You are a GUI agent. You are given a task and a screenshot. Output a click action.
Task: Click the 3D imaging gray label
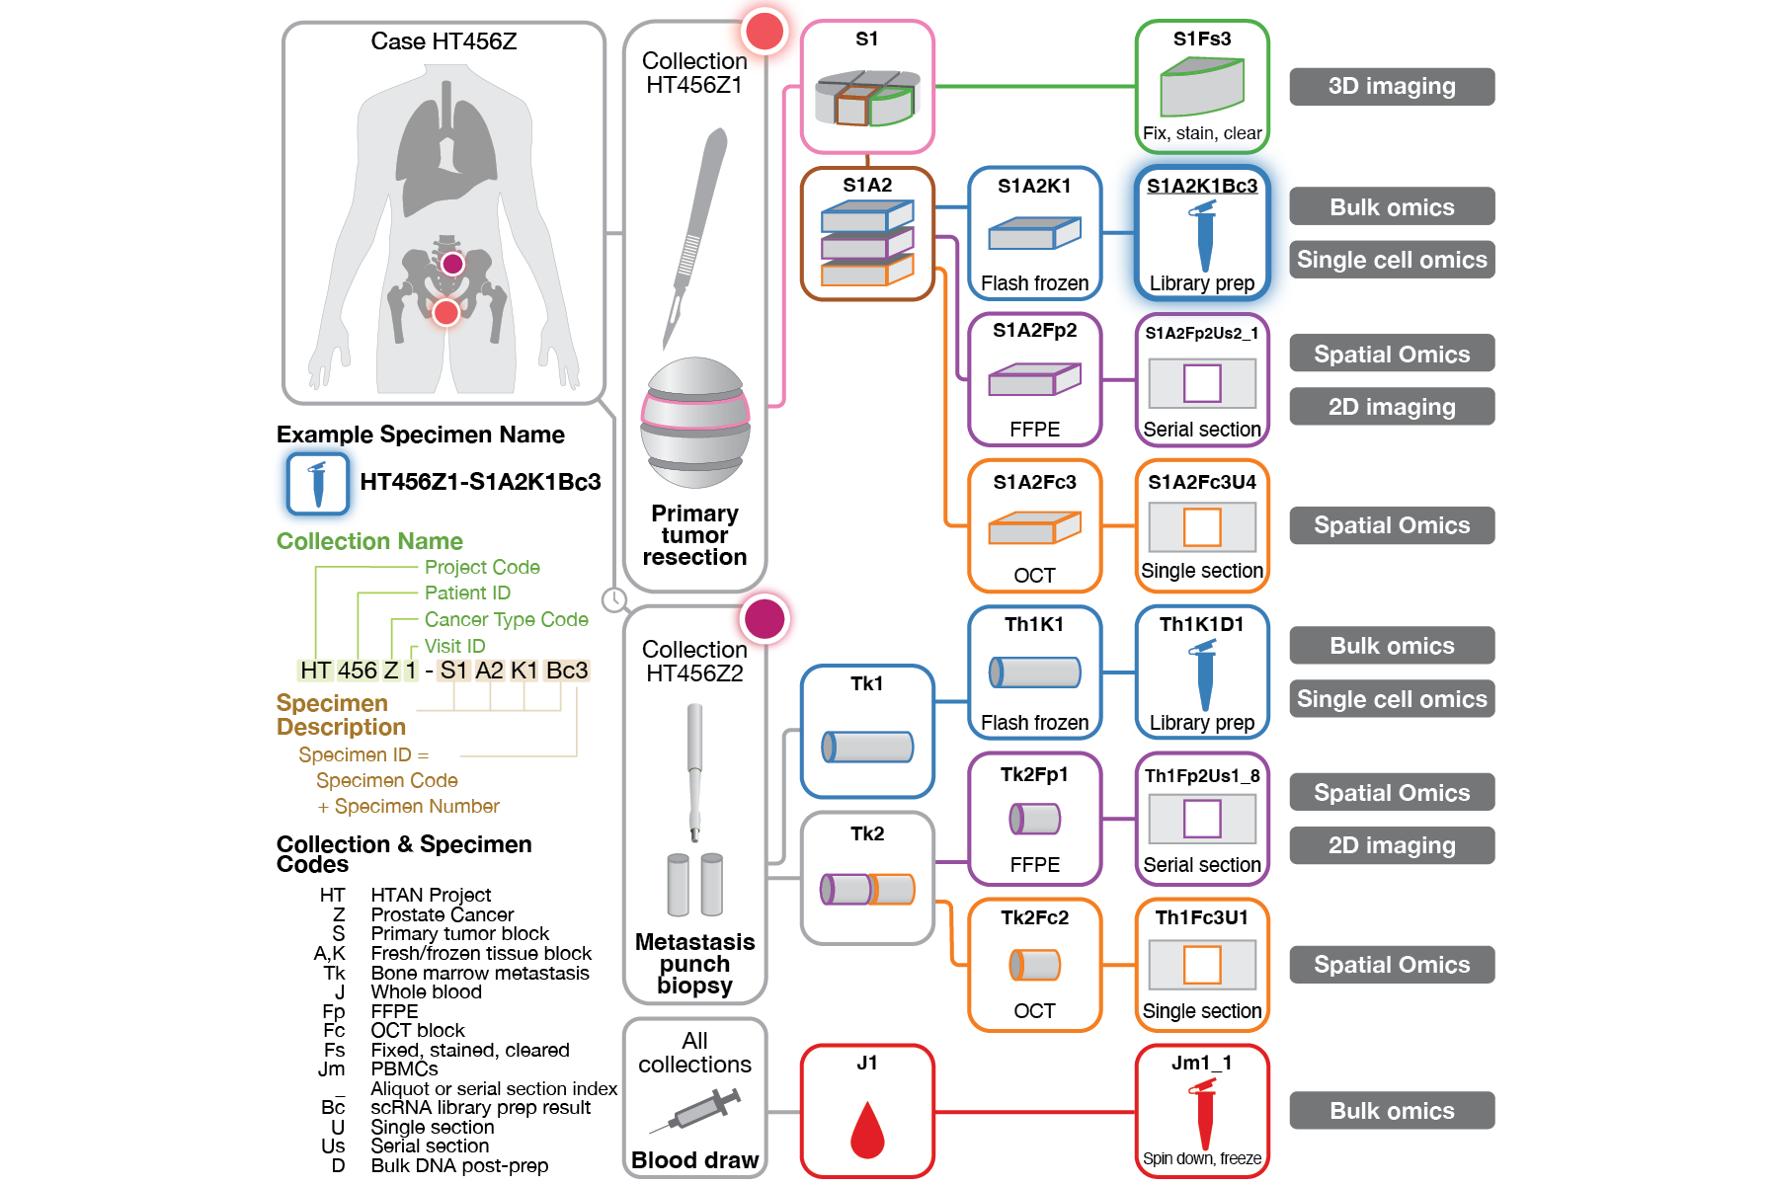coord(1391,86)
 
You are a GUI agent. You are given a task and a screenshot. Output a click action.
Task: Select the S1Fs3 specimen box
coord(1201,87)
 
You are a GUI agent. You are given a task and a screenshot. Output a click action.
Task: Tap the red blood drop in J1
coord(867,1130)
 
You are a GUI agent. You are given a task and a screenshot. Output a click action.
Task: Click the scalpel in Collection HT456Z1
coord(695,237)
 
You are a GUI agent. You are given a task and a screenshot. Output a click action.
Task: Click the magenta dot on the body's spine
coord(452,264)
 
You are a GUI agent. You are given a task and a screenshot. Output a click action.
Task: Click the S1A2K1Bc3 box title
coord(1201,186)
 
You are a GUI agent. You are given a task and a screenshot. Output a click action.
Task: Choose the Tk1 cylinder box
coord(867,731)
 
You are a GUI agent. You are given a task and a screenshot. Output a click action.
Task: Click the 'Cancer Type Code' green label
coord(506,619)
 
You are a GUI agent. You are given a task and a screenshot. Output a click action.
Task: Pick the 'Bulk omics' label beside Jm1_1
coord(1391,1110)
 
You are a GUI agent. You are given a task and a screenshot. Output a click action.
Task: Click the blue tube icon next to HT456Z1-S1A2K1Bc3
coord(318,484)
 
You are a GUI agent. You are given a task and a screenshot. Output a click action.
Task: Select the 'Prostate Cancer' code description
coord(442,914)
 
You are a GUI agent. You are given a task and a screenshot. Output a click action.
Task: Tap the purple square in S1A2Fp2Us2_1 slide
coord(1201,383)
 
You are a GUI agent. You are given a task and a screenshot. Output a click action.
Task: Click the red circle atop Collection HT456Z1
coord(765,32)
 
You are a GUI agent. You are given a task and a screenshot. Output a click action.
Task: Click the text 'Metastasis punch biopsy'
coord(694,963)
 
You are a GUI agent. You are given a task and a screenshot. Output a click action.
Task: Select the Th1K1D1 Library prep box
coord(1201,672)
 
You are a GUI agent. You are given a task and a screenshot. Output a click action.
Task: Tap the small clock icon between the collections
coord(614,599)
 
